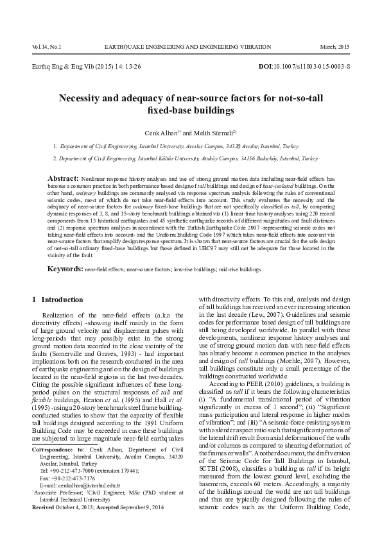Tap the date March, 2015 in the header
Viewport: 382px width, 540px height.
pyautogui.click(x=336, y=47)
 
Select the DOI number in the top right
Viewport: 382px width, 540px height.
pyautogui.click(x=313, y=67)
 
